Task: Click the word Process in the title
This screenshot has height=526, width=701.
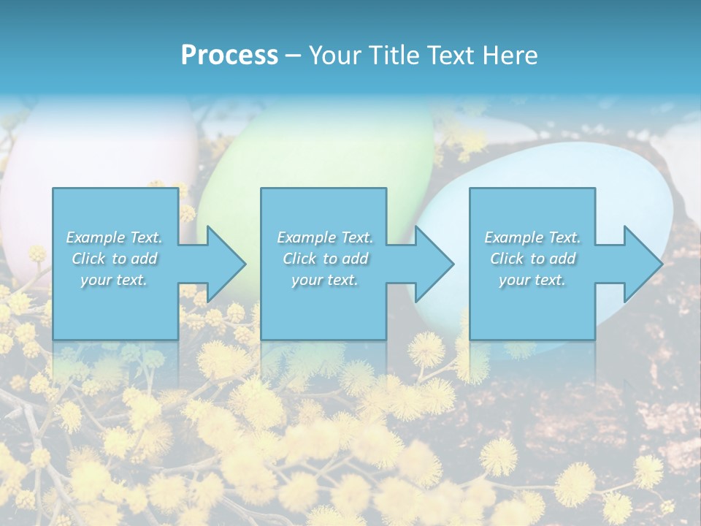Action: click(229, 55)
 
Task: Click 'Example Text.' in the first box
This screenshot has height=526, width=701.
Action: click(114, 237)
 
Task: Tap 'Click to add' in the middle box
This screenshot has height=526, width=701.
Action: click(325, 259)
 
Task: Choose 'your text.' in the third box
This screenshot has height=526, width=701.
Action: click(532, 280)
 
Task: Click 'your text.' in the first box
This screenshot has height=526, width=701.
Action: click(114, 280)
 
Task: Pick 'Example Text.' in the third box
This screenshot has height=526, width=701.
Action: click(532, 237)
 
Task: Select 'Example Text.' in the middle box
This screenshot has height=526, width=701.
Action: click(325, 237)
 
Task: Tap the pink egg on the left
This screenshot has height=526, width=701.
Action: click(95, 153)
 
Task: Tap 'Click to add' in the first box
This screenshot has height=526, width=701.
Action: click(114, 259)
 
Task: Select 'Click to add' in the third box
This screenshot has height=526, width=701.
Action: click(532, 259)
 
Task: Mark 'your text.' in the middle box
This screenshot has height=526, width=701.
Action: click(325, 280)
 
